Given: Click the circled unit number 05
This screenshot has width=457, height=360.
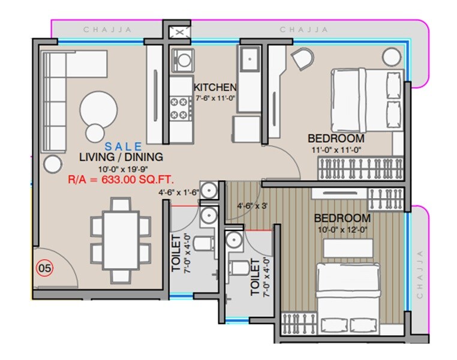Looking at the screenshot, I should pyautogui.click(x=44, y=268).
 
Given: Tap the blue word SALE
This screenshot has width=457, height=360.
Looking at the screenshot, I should pyautogui.click(x=124, y=146).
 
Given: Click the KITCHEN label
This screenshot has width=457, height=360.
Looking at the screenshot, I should pyautogui.click(x=215, y=88).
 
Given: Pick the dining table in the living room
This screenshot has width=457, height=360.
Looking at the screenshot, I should pyautogui.click(x=120, y=238).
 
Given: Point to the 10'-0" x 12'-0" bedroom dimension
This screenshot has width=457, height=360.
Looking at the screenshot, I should pyautogui.click(x=342, y=229).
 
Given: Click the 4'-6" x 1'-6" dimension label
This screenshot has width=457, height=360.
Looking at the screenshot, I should pyautogui.click(x=178, y=193).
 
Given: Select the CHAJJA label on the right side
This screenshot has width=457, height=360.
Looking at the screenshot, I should pyautogui.click(x=420, y=273).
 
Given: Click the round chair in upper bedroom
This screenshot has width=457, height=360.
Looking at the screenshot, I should pyautogui.click(x=303, y=59).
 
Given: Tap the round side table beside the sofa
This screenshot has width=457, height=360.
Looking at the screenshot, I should pyautogui.click(x=53, y=162).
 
